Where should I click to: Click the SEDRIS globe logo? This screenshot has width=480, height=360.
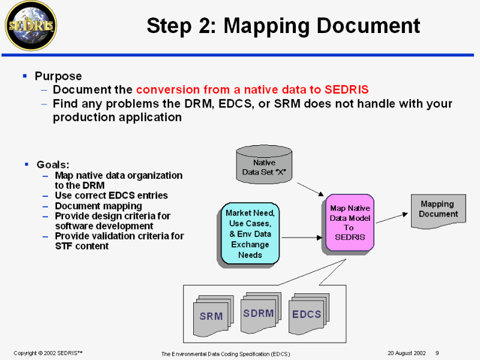pos(30,25)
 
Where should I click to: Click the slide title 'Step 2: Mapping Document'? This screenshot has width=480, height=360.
pos(283,26)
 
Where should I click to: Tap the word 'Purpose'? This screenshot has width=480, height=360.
pos(58,76)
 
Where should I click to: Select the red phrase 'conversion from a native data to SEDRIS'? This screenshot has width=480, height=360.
pos(252,90)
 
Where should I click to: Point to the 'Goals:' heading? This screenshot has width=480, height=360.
pos(53,164)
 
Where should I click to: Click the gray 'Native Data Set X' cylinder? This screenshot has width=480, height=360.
pos(264,166)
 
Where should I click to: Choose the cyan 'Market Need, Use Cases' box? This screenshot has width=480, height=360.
pos(250,233)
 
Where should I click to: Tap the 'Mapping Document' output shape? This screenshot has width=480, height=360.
pos(438,210)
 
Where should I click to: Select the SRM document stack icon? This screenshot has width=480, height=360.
pos(211,314)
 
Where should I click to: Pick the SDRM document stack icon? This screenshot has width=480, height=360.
pos(259,313)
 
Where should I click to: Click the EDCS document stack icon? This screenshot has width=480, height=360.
pos(307,313)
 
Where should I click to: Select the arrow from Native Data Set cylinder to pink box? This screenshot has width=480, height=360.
pos(310,188)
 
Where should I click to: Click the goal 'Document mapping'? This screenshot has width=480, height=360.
pos(98,206)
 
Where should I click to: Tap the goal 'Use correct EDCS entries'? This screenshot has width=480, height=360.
pos(111,196)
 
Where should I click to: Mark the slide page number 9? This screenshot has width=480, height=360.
pos(437,353)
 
